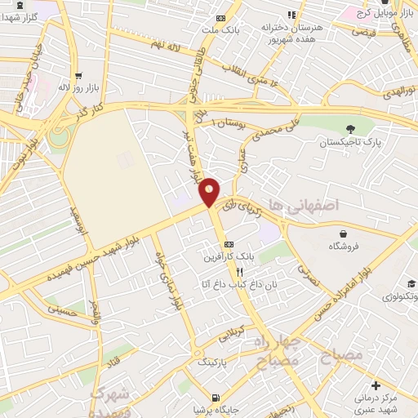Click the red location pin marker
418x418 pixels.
pos(210,192)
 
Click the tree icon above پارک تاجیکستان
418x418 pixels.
pos(350,128)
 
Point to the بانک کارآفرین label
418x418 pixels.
pos(231,256)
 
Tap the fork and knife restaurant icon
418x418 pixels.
pos(239,271)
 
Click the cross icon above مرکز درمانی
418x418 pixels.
pos(375,385)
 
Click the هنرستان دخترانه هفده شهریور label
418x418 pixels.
pos(292,32)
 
